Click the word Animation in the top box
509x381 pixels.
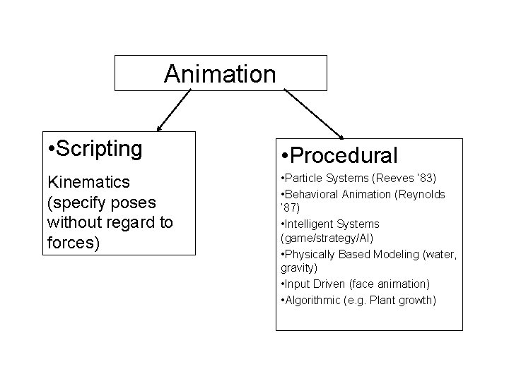coord(220,73)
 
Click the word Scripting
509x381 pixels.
coord(99,149)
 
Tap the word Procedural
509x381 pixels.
coord(344,155)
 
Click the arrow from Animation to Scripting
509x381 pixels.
coord(174,111)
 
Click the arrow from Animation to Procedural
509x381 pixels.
coord(314,113)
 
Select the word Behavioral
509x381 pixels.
coord(312,194)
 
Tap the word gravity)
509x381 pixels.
coord(299,269)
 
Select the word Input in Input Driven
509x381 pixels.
coord(293,284)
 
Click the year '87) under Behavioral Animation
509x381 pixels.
coord(291,209)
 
